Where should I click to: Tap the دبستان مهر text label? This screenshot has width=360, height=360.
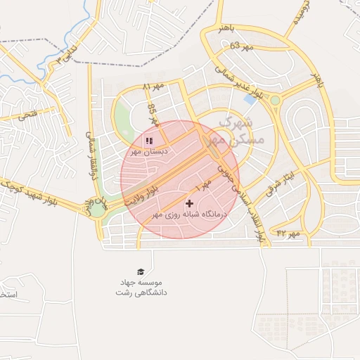146,151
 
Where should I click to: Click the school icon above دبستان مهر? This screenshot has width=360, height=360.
148,140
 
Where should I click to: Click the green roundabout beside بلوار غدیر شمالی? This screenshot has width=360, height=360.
275,101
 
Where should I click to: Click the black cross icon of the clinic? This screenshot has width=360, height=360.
189,203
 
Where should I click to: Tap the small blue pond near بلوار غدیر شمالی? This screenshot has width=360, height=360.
250,99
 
